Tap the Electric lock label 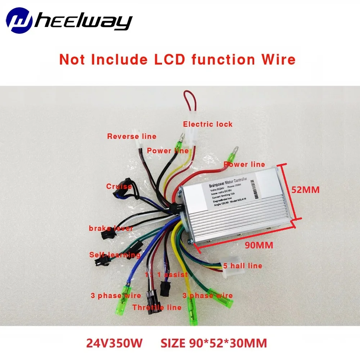point(208,125)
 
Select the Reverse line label point(132,136)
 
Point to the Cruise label point(119,186)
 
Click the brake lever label point(111,229)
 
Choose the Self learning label point(115,255)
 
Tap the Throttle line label point(157,307)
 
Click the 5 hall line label point(242,266)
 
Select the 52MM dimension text point(305,190)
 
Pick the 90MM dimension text point(259,246)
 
